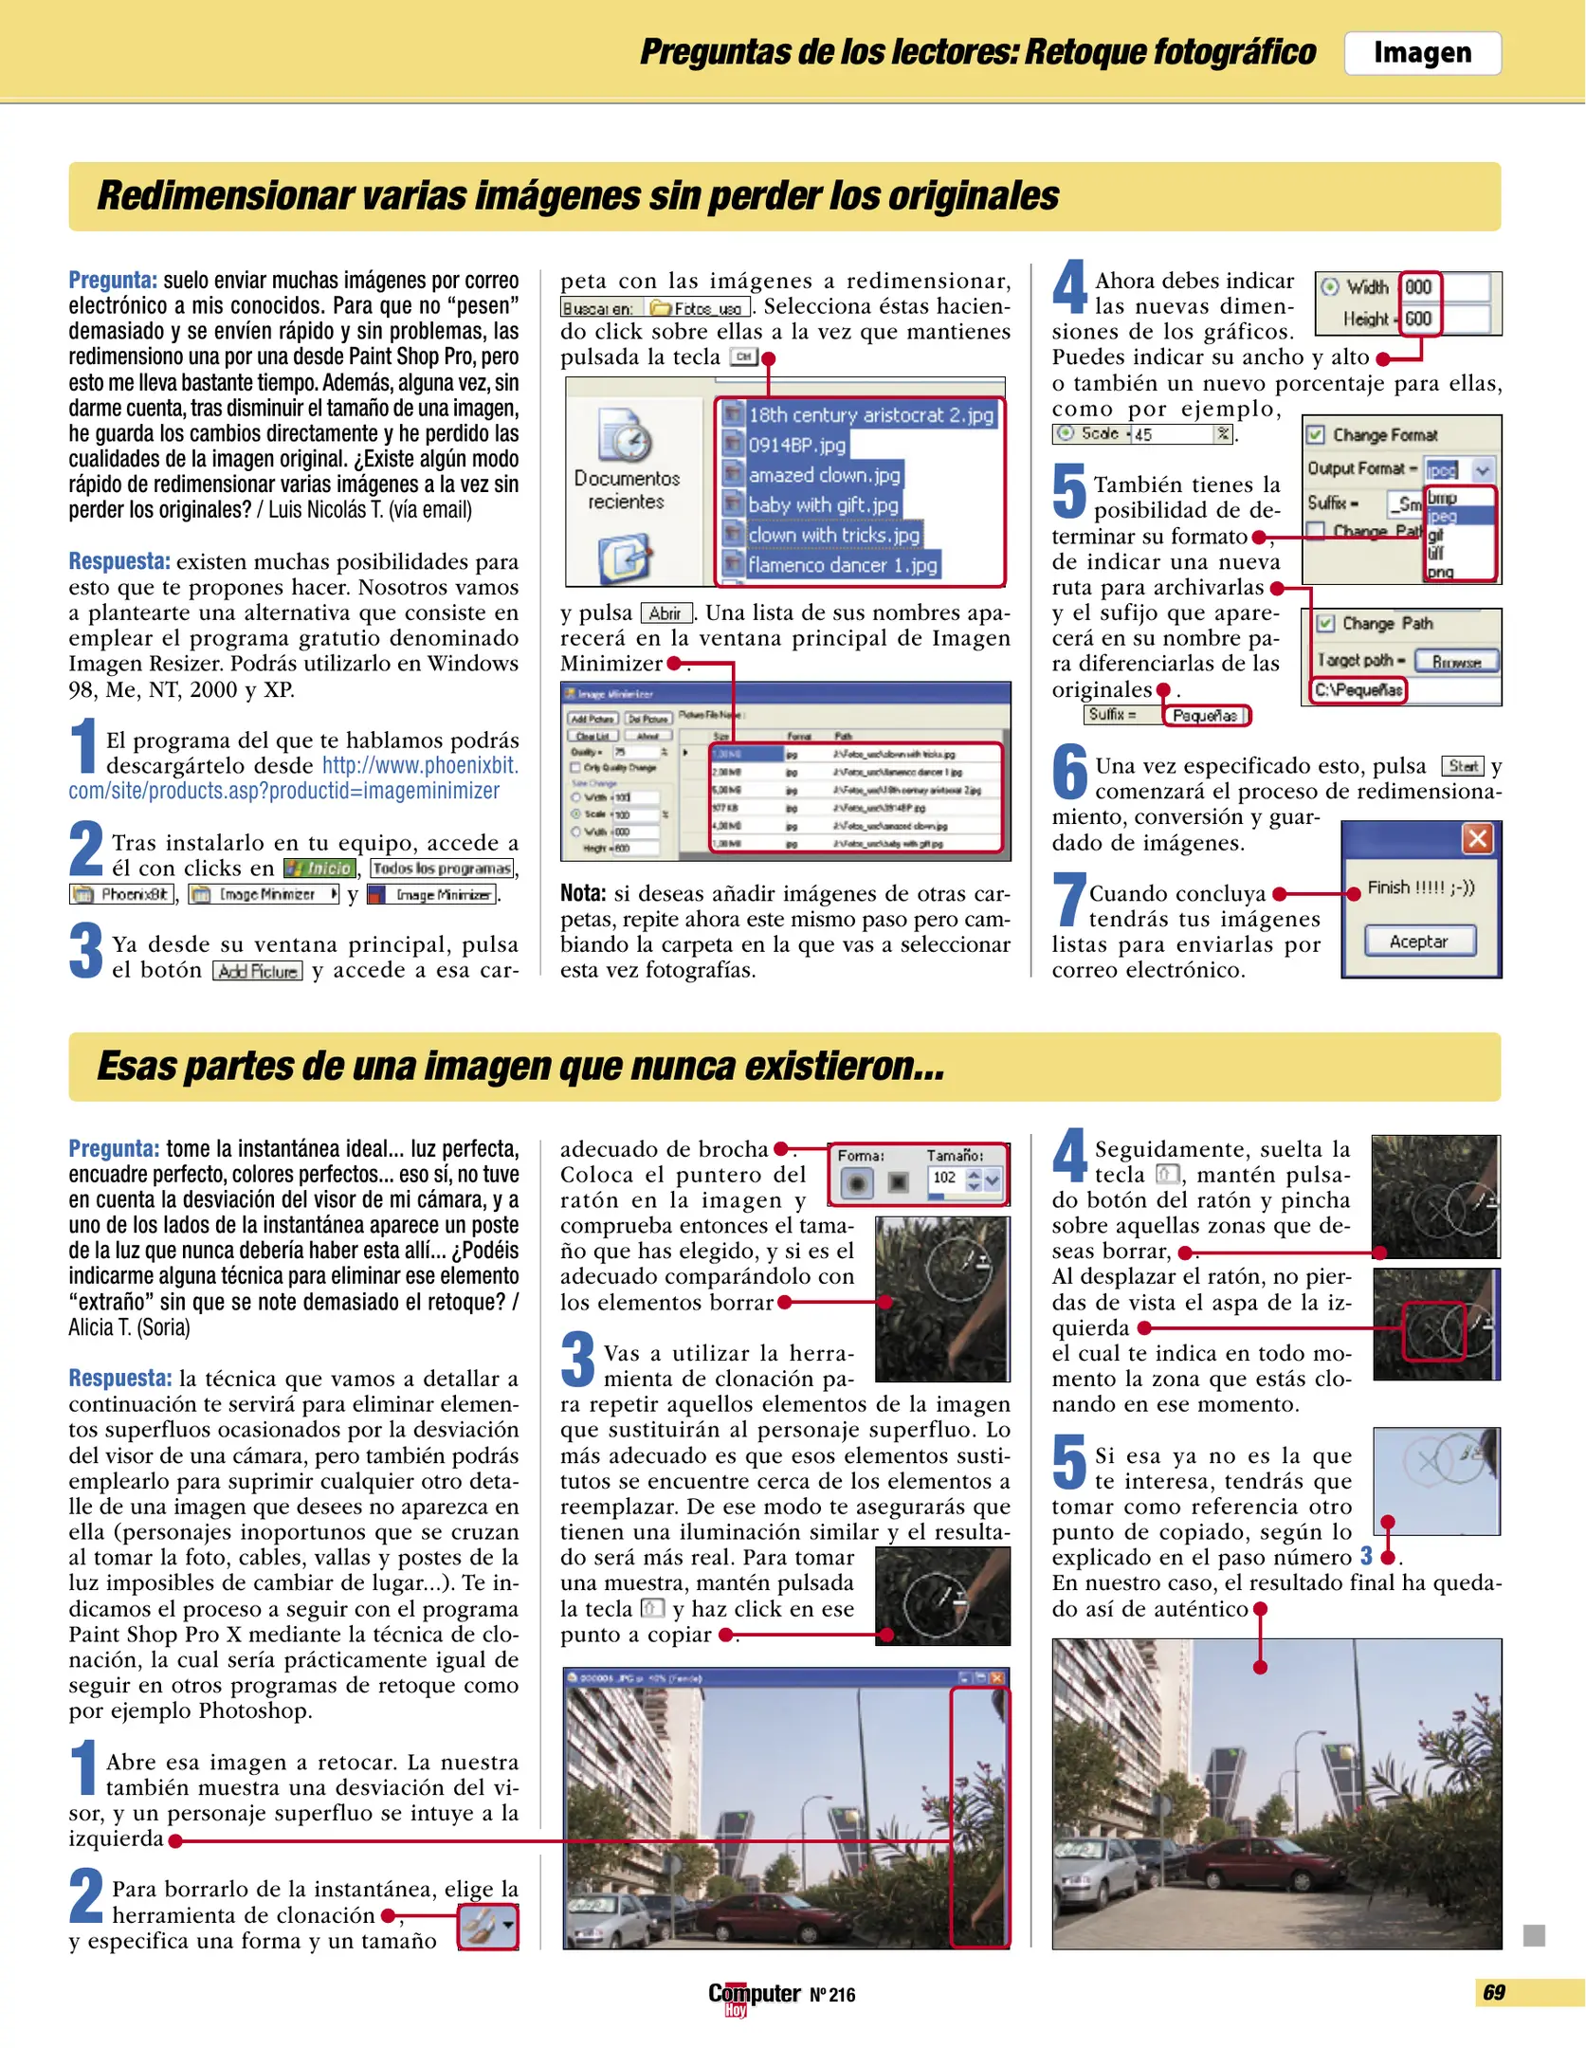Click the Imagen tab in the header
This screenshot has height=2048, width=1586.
1421,53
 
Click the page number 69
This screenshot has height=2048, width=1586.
1493,1992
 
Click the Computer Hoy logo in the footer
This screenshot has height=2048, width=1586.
754,1995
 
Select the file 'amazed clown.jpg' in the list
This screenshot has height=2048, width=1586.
823,475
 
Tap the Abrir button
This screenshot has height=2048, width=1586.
665,613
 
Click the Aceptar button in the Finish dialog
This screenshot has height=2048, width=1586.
1418,942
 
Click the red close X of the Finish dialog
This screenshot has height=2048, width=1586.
1477,838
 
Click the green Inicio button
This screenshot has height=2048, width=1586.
319,868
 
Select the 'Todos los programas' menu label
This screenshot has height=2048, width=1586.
442,868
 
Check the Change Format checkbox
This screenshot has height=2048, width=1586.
1316,435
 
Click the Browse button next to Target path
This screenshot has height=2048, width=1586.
1455,661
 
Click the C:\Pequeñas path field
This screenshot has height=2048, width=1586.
1358,689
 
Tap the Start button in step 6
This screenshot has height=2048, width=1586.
1462,766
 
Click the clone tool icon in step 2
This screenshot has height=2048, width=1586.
487,1927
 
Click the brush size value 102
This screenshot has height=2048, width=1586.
944,1178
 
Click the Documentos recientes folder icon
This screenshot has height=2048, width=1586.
625,438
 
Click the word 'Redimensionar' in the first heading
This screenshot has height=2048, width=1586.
224,196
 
